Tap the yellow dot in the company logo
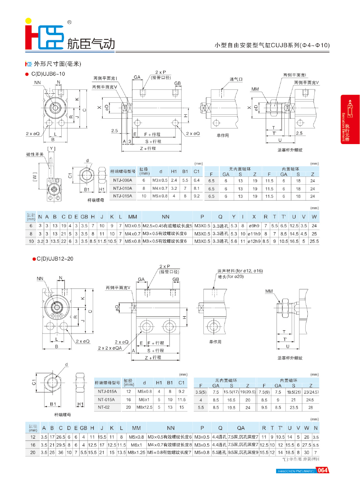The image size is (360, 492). tap(28, 21)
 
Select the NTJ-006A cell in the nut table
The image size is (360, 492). tap(123, 180)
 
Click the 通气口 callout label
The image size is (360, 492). tap(236, 79)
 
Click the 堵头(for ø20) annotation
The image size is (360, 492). tap(231, 276)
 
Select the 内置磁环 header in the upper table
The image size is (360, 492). tap(291, 169)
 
